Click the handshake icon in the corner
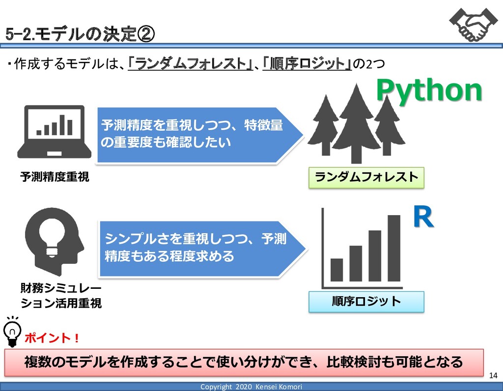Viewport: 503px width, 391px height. (470, 24)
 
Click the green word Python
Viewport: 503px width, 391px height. (429, 91)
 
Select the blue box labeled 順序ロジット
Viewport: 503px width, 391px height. (366, 301)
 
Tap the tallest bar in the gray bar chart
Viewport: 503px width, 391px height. (394, 248)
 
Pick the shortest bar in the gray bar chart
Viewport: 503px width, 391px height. (336, 270)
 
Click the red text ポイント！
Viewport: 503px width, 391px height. (52, 338)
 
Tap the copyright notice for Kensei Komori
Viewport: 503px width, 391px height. (251, 387)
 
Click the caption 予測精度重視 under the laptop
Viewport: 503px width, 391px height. (55, 177)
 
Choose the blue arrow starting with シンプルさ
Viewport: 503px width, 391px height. (201, 249)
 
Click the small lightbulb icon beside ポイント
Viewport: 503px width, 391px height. (13, 332)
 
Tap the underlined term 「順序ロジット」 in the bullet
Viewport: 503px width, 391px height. (307, 63)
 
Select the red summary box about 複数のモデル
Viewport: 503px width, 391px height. (244, 363)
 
